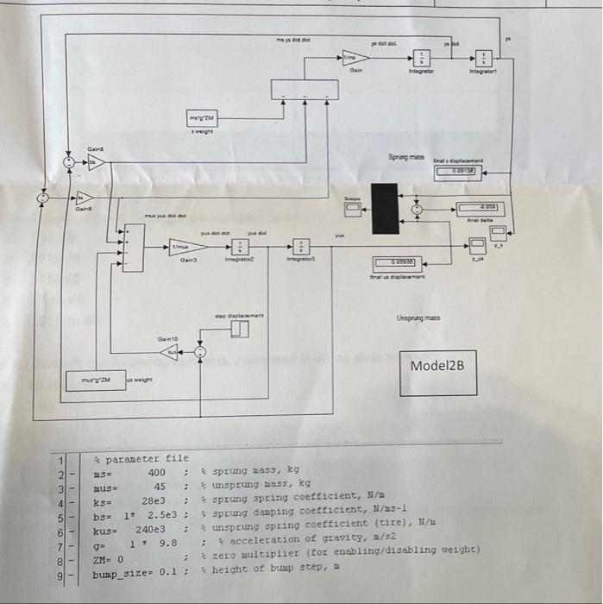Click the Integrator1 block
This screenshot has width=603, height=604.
coord(484,57)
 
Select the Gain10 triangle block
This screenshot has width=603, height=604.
coord(173,351)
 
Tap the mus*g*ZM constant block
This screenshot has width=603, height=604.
coord(97,379)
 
